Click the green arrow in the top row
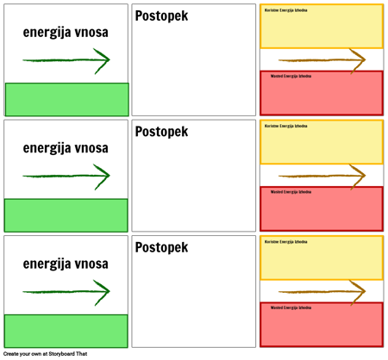66,60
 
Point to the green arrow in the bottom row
66,292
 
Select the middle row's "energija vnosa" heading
66,148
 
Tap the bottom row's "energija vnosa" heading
66,264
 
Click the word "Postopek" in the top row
161,16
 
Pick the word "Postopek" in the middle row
161,132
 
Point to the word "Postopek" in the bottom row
161,247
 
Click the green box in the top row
66,99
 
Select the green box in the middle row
66,215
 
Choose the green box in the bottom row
66,331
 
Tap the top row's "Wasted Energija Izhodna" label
291,77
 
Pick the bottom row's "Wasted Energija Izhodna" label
291,307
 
